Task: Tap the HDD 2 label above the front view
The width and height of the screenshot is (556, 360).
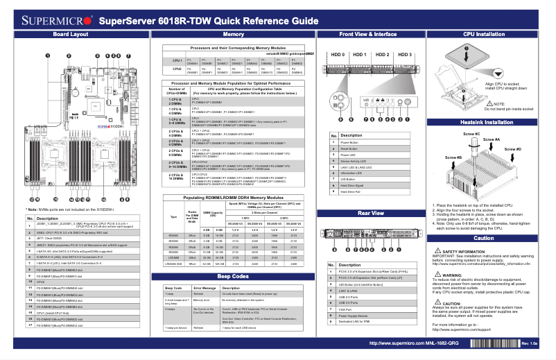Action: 383,55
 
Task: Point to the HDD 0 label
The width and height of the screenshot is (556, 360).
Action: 338,55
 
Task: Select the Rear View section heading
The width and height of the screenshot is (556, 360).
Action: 370,214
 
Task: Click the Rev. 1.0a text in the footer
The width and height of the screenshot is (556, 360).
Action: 530,343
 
